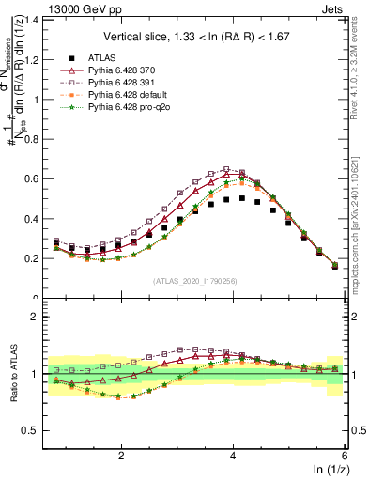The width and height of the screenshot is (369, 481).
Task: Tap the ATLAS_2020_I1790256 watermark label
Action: (196, 281)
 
